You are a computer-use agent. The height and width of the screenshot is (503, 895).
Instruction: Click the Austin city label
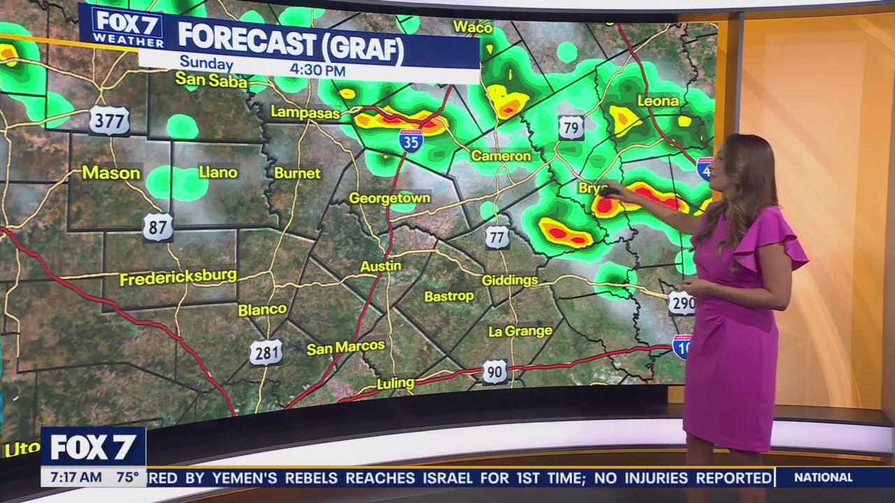(381, 266)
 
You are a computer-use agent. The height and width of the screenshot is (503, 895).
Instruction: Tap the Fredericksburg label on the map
(178, 277)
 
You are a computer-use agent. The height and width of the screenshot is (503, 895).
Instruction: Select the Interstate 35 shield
(411, 140)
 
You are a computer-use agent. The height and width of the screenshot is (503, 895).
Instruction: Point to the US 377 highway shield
(109, 120)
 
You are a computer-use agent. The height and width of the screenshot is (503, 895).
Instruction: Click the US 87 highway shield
(158, 228)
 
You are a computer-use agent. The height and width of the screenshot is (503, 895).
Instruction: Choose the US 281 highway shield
(266, 353)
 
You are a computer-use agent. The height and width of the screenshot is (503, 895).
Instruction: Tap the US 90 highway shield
(495, 372)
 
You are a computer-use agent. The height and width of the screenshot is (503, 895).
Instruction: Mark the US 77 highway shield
(497, 238)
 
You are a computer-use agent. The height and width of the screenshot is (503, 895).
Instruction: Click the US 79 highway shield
(571, 128)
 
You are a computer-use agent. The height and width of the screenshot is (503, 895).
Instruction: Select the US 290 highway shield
(682, 302)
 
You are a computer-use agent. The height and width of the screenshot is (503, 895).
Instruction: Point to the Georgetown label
(389, 198)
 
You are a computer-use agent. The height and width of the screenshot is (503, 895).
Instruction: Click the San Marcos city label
(345, 347)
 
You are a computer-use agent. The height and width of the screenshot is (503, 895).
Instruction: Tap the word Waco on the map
(473, 27)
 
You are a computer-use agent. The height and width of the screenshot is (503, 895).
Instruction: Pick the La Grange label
(520, 330)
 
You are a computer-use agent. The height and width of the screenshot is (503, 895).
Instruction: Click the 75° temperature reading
(127, 478)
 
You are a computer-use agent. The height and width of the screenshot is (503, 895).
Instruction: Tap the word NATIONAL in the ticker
(824, 478)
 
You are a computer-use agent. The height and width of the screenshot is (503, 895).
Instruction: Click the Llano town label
(218, 172)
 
